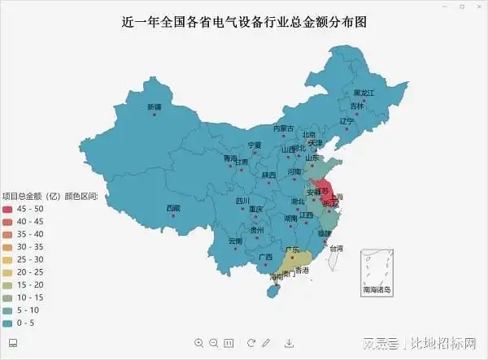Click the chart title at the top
[x=243, y=22]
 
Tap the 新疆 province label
[x=155, y=106]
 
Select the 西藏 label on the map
[x=173, y=208]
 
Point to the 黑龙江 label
[x=364, y=93]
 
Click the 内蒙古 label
[x=283, y=128]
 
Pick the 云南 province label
[x=235, y=241]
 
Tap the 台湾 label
[x=336, y=248]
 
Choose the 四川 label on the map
[x=243, y=201]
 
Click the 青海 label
[x=230, y=158]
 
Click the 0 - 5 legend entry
[x=24, y=323]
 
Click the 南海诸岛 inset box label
[x=376, y=289]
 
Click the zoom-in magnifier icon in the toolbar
[x=199, y=343]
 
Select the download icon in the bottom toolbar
[x=289, y=343]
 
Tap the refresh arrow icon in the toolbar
[x=251, y=343]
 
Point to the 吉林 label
[x=357, y=106]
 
